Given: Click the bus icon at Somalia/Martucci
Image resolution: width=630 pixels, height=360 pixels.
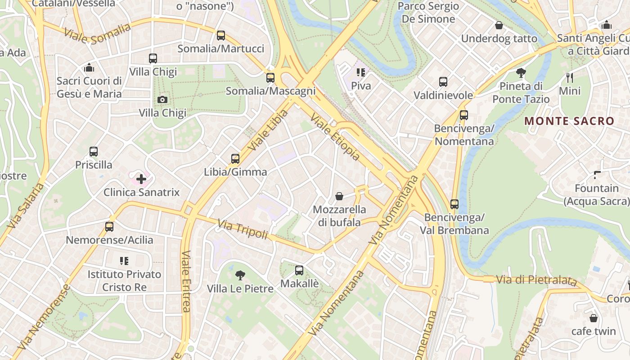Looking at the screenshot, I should pos(220,36).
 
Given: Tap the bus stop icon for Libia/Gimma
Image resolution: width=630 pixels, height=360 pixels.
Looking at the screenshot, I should pos(235,158).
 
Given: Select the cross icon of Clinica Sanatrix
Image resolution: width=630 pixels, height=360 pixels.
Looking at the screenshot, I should pos(141,179).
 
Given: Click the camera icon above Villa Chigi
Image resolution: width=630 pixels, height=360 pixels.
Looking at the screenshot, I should pos(162,99).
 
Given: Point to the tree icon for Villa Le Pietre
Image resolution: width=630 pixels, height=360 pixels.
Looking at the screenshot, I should pos(240,275).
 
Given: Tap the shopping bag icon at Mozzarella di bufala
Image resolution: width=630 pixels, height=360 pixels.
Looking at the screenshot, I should pos(339,196).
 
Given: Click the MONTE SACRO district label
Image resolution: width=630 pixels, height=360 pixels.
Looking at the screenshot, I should pos(569,121).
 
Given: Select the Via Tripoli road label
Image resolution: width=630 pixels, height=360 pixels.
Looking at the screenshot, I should pos(243,229).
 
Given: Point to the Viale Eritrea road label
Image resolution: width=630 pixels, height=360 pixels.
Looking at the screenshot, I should pos(186,281).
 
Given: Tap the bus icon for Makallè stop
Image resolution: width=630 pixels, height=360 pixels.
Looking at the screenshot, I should pos(299,270).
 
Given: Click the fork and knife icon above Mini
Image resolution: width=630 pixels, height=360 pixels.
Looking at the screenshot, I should pos(570,77).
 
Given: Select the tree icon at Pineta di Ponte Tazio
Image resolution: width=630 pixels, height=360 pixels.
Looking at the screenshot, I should pos(521,72).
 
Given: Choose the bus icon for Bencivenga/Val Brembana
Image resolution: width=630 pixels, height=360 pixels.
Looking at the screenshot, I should pos(454,204).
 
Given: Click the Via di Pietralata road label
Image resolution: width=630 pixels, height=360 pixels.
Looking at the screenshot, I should pos(536,280).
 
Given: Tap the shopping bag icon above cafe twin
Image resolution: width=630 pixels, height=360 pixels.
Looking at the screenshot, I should pos(594,318).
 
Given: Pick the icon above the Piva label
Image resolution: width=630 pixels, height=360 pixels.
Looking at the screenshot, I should pos(361,72).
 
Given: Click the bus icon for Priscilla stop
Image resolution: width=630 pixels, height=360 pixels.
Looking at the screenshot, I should pos(94,152).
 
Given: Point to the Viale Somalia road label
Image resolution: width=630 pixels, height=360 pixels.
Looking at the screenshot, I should pos(97,34).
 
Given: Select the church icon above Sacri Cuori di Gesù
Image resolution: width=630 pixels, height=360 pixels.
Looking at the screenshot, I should pos(89,68).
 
